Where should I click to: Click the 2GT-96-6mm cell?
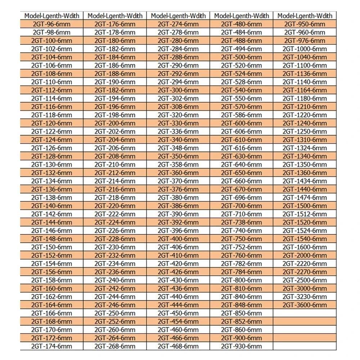point(51,24)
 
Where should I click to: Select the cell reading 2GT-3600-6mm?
point(305,305)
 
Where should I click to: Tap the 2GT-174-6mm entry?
point(51,346)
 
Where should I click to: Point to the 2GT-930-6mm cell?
point(241,346)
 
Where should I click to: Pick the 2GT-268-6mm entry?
point(115,346)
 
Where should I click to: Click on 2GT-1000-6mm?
point(305,49)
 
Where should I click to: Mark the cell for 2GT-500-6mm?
point(241,57)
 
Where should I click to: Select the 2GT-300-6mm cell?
point(178,90)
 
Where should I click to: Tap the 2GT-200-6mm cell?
point(115,123)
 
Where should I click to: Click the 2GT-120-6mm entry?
point(51,123)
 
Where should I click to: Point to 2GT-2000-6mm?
point(305,255)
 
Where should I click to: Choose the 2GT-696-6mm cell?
point(241,198)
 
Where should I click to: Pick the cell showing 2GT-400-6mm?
point(178,239)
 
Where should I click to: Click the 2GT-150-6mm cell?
point(51,247)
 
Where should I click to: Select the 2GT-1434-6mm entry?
point(305,181)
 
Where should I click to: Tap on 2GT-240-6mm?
point(115,280)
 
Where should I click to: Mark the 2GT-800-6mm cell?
point(241,280)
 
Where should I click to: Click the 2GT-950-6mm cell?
point(305,24)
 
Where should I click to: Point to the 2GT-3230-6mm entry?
point(305,297)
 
